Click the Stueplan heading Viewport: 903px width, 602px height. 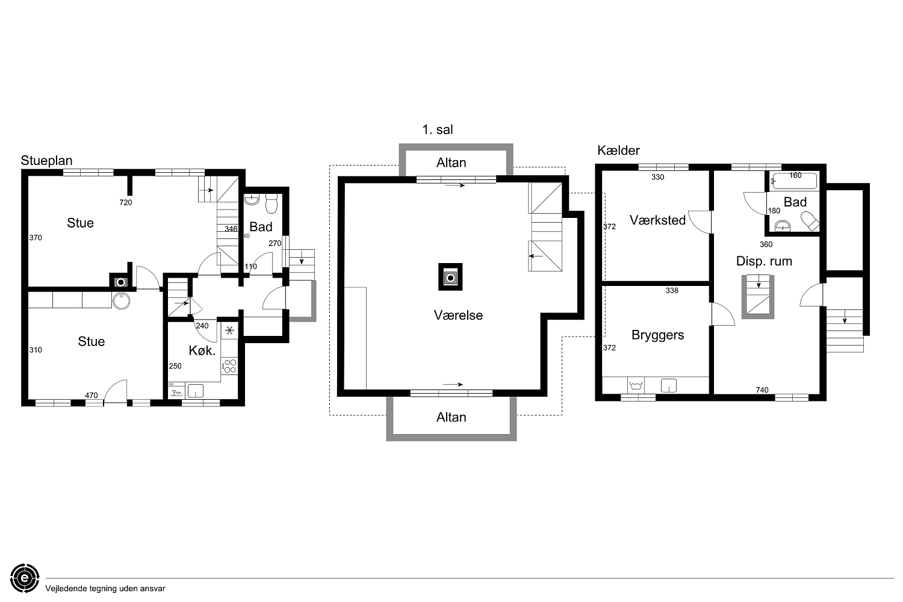(x=46, y=161)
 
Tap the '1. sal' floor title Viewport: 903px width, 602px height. (x=438, y=130)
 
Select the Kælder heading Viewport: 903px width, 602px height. (x=618, y=150)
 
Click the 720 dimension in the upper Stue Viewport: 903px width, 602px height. (x=126, y=202)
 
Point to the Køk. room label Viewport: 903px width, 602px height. (x=202, y=350)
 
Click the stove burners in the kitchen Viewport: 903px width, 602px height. (x=230, y=366)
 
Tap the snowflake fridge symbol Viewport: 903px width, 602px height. (x=230, y=331)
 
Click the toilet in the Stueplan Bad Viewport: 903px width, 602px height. (x=272, y=203)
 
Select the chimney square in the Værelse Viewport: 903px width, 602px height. (x=450, y=277)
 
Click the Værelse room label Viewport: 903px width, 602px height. (x=458, y=315)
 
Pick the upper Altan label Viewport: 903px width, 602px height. (x=451, y=163)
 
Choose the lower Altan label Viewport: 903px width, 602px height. (x=451, y=417)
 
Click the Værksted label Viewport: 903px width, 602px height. (x=657, y=220)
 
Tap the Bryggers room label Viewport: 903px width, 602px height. (x=657, y=335)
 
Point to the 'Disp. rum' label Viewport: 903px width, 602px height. (x=764, y=261)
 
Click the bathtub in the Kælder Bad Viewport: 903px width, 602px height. (x=794, y=181)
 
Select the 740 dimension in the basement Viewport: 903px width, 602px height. (x=762, y=390)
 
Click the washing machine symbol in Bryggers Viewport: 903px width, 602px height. (x=636, y=385)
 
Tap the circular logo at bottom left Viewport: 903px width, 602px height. (x=25, y=578)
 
